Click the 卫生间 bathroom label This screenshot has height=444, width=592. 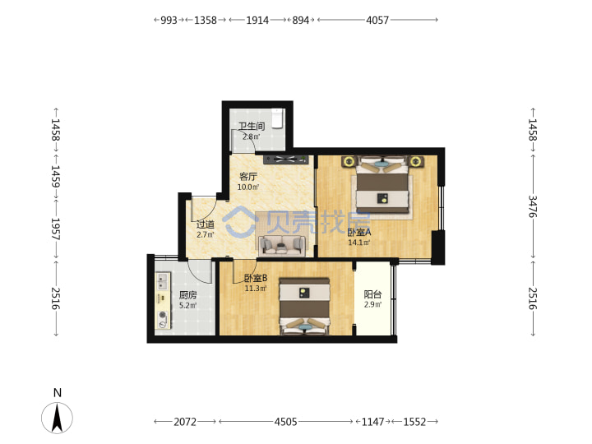[x=252, y=126]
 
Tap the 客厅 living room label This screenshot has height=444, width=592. [x=248, y=176]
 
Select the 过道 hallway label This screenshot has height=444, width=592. [x=206, y=224]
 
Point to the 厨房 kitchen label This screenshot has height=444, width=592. [x=187, y=295]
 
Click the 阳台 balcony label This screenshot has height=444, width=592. [x=372, y=294]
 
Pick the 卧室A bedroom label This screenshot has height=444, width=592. [x=359, y=232]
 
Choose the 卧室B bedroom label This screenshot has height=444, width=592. [x=256, y=278]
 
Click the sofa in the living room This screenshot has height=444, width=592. [x=282, y=245]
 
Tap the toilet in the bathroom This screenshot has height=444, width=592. [x=278, y=118]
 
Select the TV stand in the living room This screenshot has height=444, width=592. [x=286, y=160]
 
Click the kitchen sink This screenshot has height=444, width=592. [x=162, y=281]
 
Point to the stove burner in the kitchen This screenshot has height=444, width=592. [x=163, y=315]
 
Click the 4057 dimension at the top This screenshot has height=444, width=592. [x=377, y=20]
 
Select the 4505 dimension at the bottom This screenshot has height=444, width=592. [x=285, y=422]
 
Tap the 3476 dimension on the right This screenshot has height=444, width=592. [x=532, y=206]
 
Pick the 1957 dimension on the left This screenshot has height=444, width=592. [x=56, y=229]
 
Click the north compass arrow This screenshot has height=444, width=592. [x=57, y=418]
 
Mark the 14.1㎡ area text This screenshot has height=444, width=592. [x=358, y=243]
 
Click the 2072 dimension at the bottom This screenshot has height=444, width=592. [x=185, y=422]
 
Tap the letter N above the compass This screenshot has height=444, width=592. [x=58, y=393]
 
